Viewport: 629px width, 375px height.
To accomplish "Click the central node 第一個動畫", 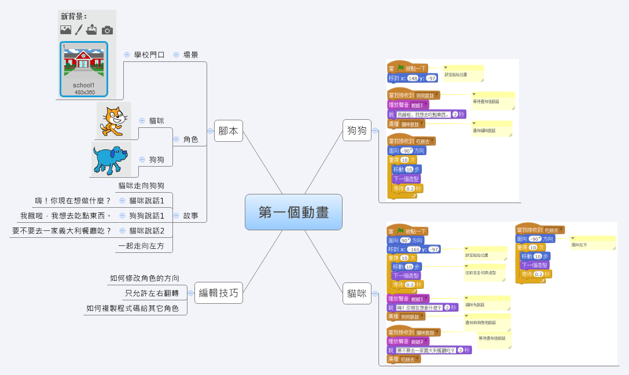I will click(x=293, y=212).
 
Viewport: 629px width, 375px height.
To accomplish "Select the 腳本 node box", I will click(x=228, y=131).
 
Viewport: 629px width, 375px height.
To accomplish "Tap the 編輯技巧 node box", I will click(x=218, y=293).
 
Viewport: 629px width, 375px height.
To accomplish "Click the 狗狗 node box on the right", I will click(x=357, y=131).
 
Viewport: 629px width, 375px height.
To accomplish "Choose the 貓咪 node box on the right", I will click(x=357, y=293).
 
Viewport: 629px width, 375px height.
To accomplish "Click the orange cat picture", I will click(x=113, y=120).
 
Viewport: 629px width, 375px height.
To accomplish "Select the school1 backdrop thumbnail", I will click(x=84, y=68).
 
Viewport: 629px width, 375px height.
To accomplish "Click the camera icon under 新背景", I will click(x=107, y=30).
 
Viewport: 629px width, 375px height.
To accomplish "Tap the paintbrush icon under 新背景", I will click(x=79, y=30).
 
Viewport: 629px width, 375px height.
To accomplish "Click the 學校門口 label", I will click(x=149, y=55).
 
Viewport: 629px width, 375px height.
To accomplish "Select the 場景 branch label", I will click(x=191, y=55).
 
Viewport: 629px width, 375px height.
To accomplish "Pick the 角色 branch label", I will click(x=191, y=139).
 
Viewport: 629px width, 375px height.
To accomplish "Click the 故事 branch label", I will click(x=191, y=216).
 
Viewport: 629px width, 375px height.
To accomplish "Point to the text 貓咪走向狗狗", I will click(x=141, y=186).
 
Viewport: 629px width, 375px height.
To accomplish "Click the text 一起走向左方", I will click(x=141, y=246).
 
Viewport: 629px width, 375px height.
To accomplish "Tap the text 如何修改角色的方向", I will click(x=145, y=278).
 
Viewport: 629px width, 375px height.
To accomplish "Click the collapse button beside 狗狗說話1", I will click(x=123, y=216).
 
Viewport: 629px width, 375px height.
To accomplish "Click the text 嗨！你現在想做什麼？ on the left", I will click(x=73, y=201).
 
